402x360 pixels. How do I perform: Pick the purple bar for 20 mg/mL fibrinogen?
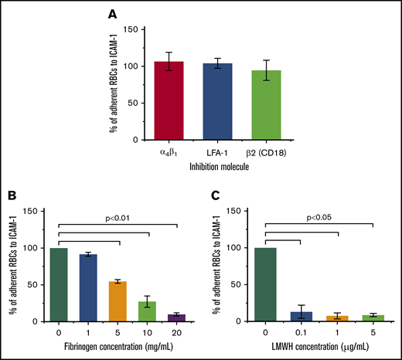177,318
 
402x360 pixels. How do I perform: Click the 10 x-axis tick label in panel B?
147,334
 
